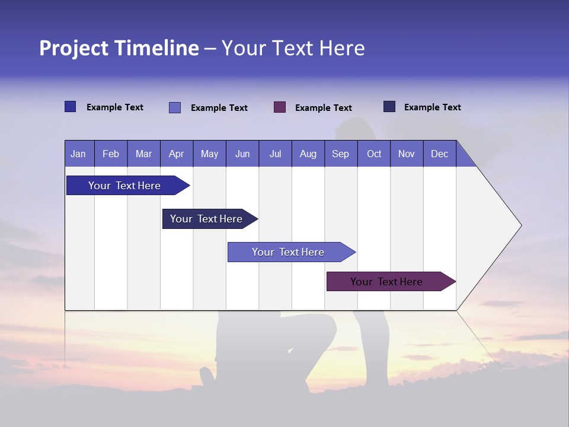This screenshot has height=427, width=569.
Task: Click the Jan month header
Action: click(78, 154)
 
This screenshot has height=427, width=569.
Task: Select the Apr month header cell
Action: click(176, 154)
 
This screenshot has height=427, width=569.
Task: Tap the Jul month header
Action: click(275, 154)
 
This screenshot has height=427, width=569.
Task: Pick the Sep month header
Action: click(340, 154)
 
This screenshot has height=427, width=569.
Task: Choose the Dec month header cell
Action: click(439, 154)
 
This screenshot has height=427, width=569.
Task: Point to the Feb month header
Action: click(111, 154)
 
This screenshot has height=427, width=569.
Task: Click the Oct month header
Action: click(374, 154)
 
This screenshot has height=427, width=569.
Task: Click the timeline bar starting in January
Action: click(124, 186)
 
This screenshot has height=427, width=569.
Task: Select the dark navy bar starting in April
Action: click(206, 219)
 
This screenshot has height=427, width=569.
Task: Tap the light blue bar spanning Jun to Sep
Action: click(288, 252)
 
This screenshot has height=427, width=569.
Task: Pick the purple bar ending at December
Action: click(386, 282)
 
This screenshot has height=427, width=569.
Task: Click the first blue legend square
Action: click(71, 107)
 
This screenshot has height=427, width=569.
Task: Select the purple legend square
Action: click(280, 107)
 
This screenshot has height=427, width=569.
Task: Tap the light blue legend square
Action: click(175, 107)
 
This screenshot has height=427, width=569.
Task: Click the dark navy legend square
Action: click(389, 107)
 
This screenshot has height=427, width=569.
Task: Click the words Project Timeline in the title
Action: click(119, 48)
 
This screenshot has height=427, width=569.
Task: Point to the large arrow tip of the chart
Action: click(510, 225)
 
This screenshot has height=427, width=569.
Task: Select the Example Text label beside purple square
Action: click(324, 108)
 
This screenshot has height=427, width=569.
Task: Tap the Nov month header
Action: click(407, 154)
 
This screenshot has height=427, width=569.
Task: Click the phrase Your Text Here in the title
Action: click(293, 48)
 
